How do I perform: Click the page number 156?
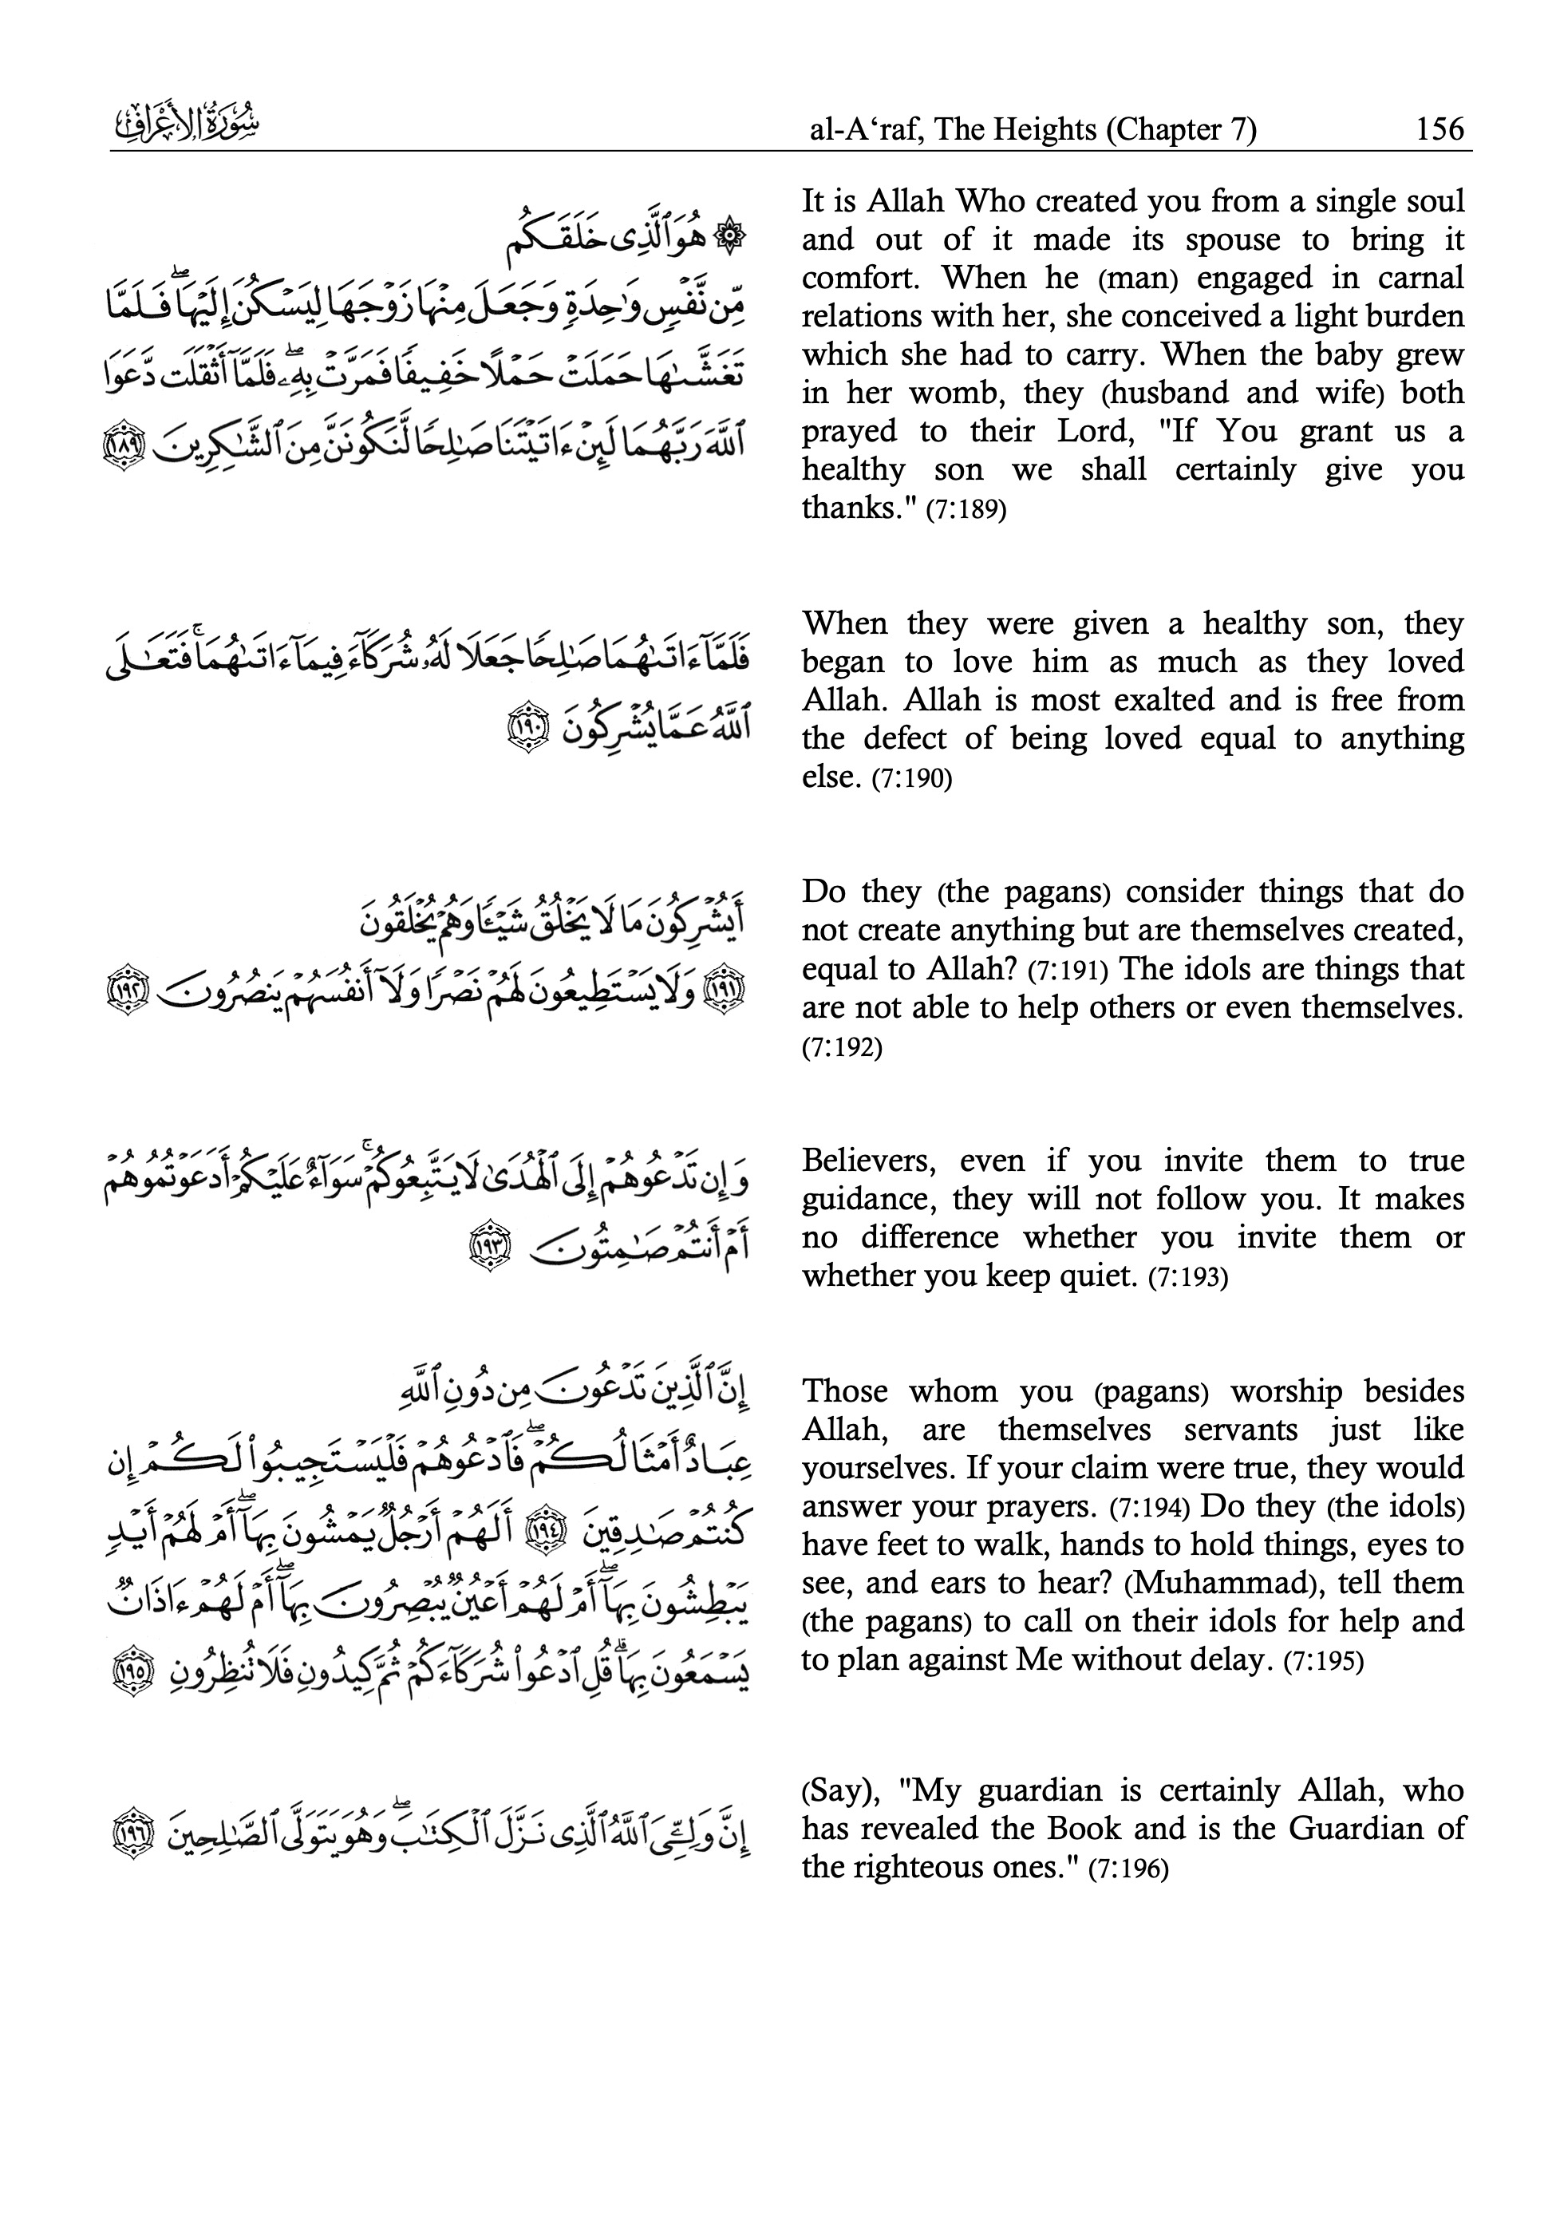tap(1439, 129)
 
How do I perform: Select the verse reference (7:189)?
tap(966, 509)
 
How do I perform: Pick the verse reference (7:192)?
tap(842, 1046)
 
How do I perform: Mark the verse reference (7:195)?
tap(1324, 1661)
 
